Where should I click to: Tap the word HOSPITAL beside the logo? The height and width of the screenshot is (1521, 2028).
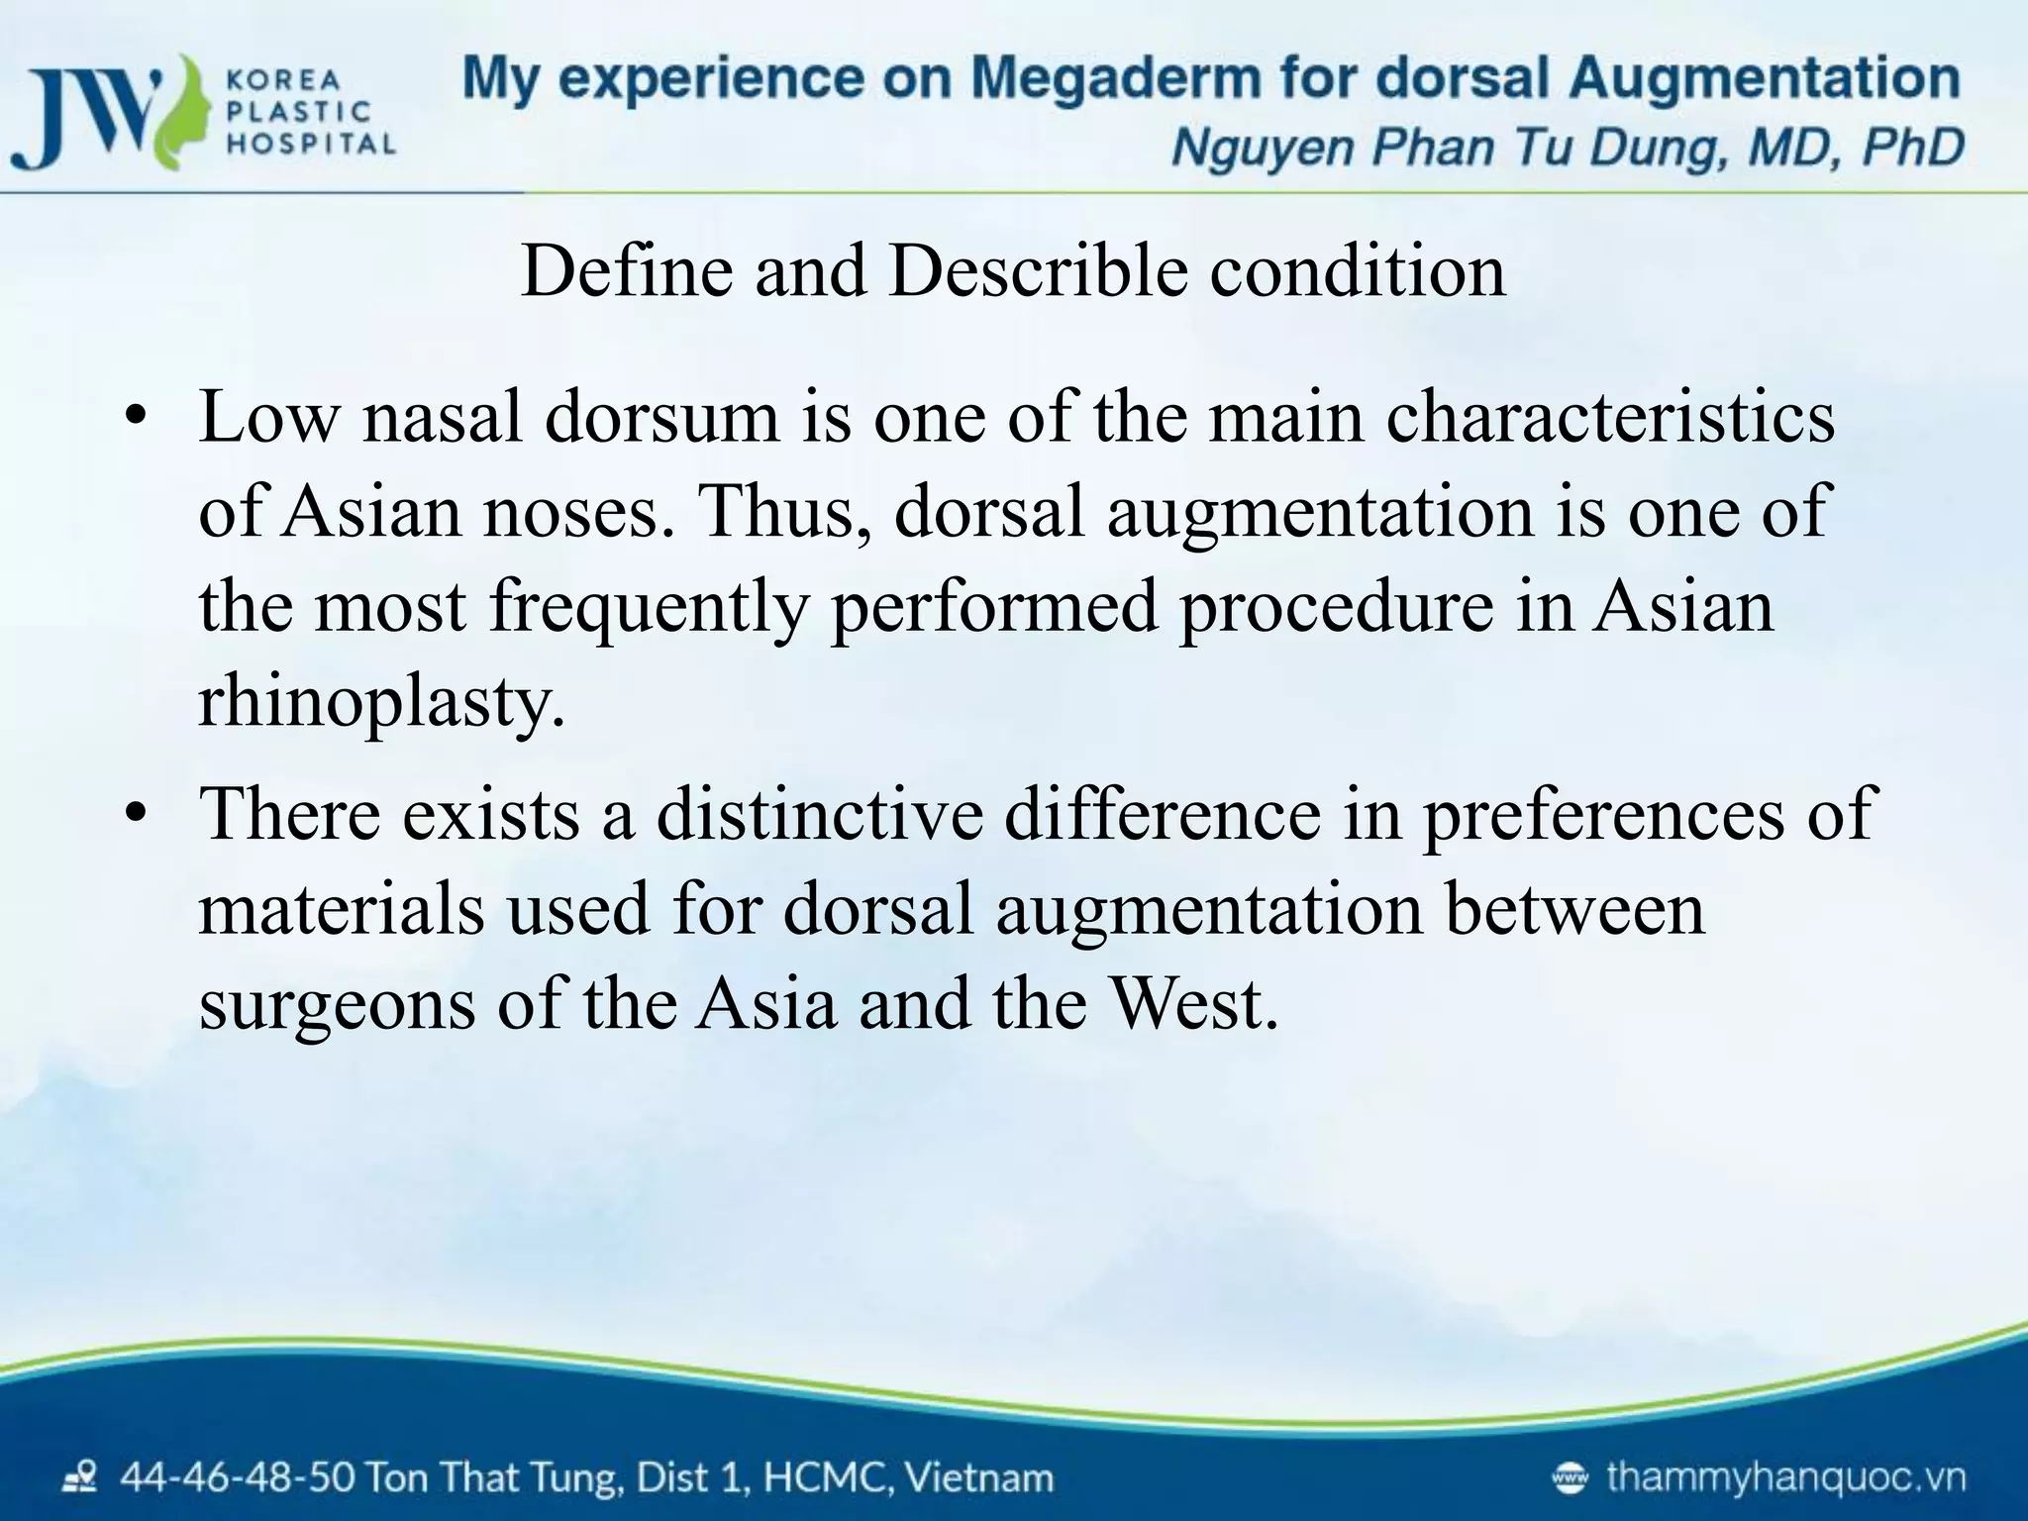pos(311,145)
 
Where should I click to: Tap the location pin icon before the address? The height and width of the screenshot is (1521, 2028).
pos(79,1479)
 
